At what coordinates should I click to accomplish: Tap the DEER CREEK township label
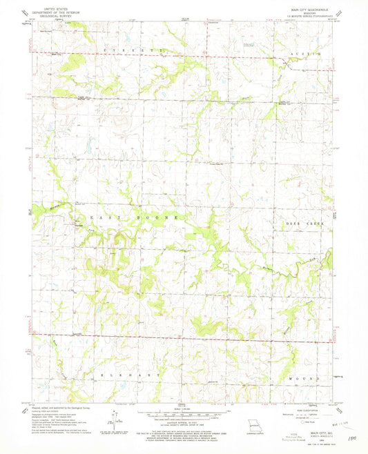coord(301,224)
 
